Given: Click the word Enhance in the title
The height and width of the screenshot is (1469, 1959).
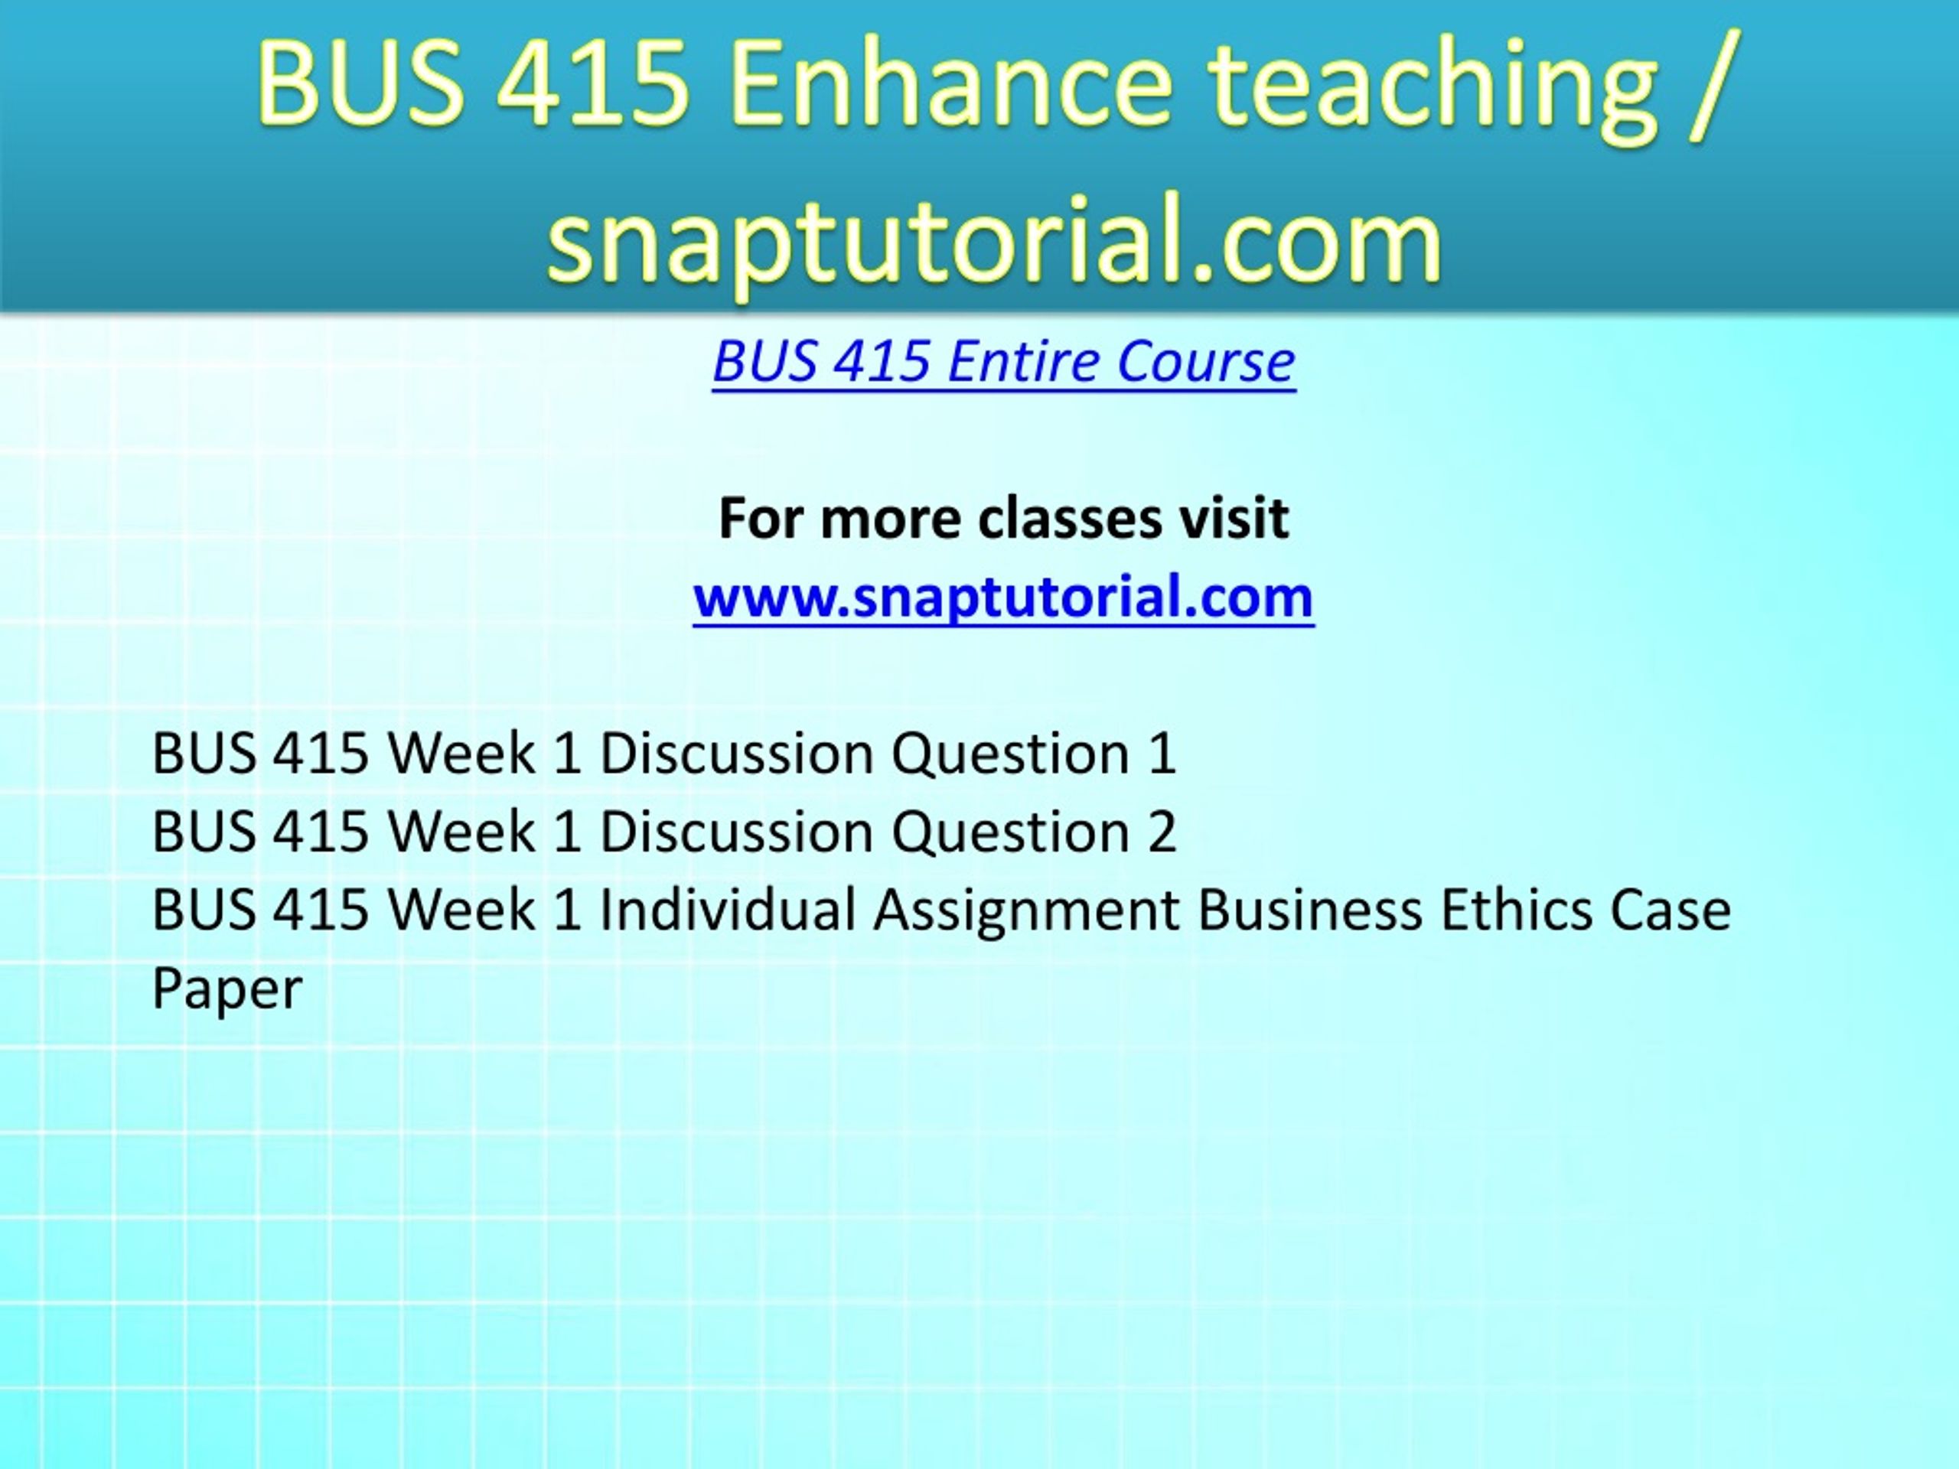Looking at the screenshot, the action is coord(952,83).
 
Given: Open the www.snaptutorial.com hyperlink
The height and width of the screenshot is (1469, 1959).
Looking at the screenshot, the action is coord(1003,597).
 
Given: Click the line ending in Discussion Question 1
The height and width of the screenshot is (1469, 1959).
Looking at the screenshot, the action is coord(664,754).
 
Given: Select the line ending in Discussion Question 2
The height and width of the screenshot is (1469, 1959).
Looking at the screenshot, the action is coord(664,832).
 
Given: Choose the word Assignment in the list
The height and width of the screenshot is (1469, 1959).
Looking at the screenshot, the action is coord(1026,911).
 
